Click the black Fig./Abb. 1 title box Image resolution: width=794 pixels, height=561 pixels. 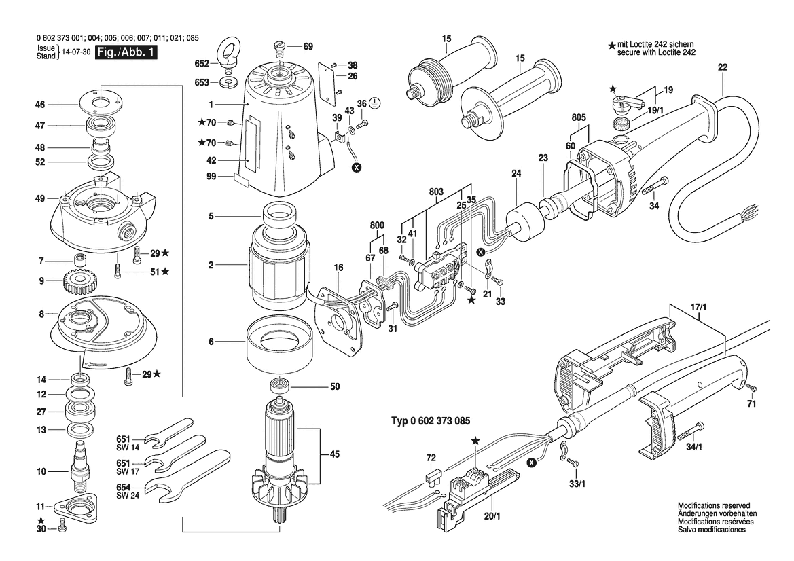coord(126,53)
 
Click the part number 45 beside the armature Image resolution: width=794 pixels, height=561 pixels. coord(335,454)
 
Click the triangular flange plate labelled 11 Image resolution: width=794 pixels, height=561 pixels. coord(75,506)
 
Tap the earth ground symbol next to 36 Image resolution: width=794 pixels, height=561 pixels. coord(375,103)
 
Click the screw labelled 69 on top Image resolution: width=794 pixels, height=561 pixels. coord(280,49)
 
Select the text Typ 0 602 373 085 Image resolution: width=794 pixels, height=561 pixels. coord(431,421)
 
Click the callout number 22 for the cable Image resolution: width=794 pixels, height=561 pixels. coord(723,67)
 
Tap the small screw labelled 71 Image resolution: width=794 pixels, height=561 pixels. coord(751,387)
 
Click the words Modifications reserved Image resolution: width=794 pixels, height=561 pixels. coord(714,505)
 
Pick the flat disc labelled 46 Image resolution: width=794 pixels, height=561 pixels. coord(101,104)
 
